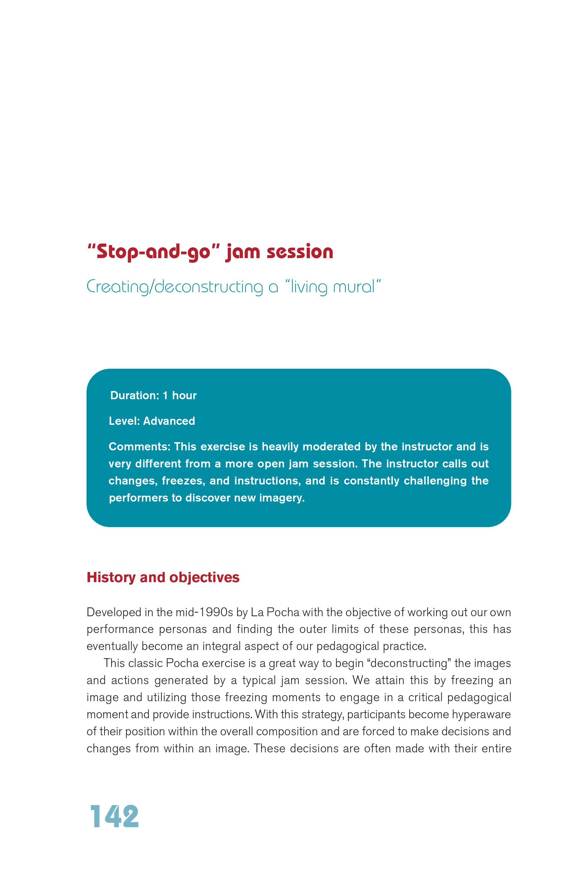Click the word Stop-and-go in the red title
(x=154, y=252)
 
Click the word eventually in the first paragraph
(x=112, y=646)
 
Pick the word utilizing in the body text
(x=167, y=697)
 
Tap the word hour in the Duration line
(x=184, y=395)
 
